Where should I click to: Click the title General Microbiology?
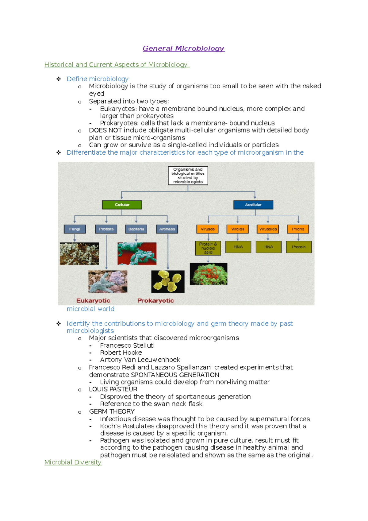coord(183,48)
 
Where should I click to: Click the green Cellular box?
coord(122,205)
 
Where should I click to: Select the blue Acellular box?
coord(253,205)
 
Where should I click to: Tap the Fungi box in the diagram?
coord(75,229)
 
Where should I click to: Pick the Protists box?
coord(106,229)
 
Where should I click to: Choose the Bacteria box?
coord(136,229)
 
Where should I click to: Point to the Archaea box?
coord(167,229)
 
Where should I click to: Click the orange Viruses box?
coord(208,229)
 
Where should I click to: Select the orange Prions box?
coord(298,229)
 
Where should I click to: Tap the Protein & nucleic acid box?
coord(208,248)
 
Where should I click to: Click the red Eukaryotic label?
coord(93,301)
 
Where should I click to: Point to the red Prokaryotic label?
coord(155,301)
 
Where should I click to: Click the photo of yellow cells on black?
coord(168,281)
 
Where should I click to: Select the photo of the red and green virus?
coord(209,274)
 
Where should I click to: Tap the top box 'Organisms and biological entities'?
coord(188,176)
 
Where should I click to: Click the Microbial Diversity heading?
coord(73,462)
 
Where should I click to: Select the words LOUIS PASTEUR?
coord(113,389)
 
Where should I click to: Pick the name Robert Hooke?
coord(121,353)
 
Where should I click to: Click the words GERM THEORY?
coord(112,411)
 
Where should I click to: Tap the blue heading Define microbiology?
coord(98,79)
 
